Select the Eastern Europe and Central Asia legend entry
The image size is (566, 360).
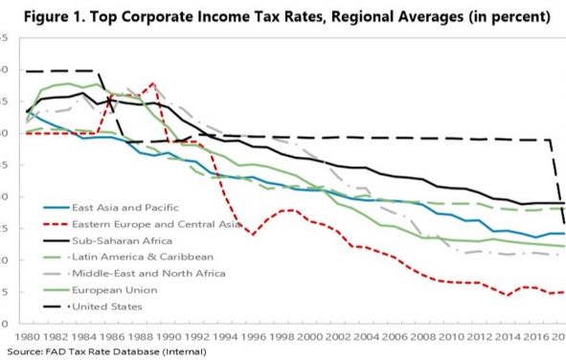coord(140,222)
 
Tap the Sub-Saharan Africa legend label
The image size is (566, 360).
coord(116,239)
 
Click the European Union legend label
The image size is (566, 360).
coord(111,289)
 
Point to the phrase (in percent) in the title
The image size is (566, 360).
coord(505,17)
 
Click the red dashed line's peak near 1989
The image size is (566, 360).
coord(152,83)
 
